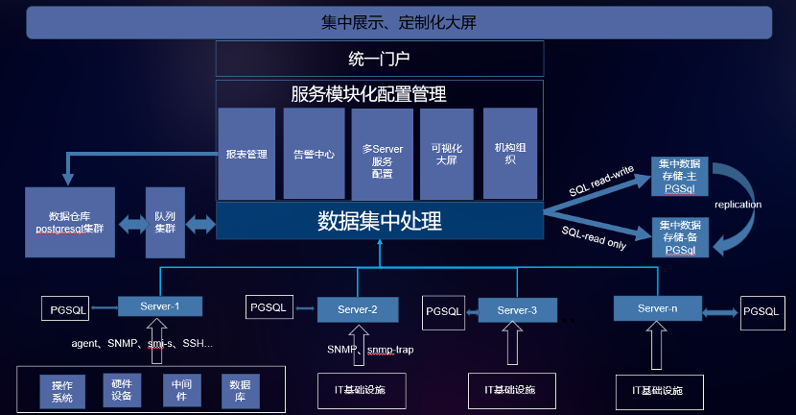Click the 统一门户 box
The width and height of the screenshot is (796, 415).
(x=379, y=59)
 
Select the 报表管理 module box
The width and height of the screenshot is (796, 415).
(x=246, y=153)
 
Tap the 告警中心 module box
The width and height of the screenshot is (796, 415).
(x=314, y=153)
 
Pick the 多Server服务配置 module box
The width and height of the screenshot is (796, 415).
(x=382, y=153)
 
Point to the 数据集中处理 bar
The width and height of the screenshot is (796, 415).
(x=379, y=221)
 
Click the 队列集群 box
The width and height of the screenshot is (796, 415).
(x=164, y=222)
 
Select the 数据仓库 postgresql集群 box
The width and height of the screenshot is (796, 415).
(x=68, y=222)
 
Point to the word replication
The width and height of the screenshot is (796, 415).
(x=738, y=205)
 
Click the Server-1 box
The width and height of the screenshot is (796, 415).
(x=160, y=306)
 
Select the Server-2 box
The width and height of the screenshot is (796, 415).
(x=357, y=309)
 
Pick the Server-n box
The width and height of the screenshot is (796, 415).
(x=658, y=307)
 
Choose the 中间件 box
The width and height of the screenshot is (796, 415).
(x=180, y=390)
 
